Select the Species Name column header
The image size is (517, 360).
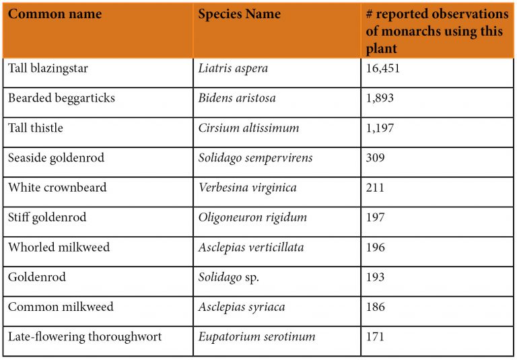[x=239, y=14]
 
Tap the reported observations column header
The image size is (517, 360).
[x=437, y=31]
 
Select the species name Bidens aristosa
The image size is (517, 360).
[x=236, y=98]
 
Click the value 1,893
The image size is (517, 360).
[x=380, y=98]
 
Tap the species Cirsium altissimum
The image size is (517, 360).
[x=248, y=128]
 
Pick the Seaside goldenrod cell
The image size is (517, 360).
[x=56, y=158]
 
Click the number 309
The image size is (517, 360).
[x=376, y=158]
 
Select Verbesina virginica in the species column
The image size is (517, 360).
[x=247, y=188]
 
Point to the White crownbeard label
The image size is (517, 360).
[x=57, y=188]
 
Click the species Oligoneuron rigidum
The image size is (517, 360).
[x=252, y=217]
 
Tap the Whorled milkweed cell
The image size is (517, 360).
[x=59, y=247]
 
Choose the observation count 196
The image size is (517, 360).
[x=376, y=247]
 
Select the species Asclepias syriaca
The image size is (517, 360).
[x=242, y=307]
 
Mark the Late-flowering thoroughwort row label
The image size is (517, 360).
[x=85, y=336]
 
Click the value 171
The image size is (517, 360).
[x=376, y=336]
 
